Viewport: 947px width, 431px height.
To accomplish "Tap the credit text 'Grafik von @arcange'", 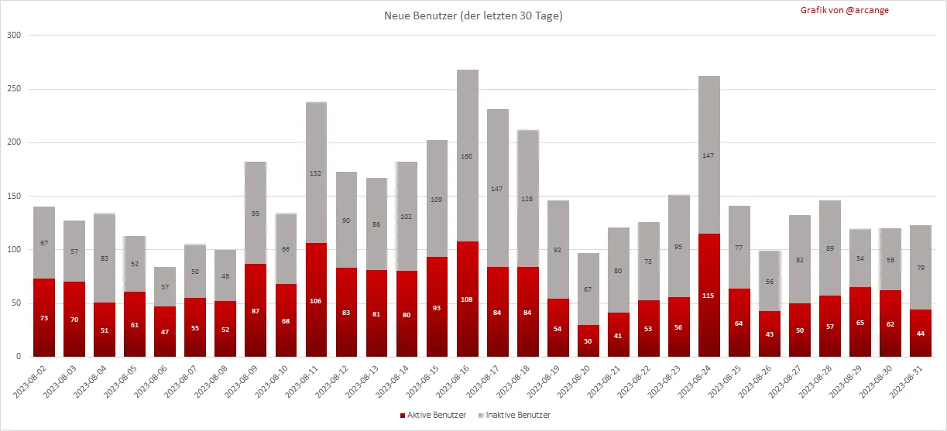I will coord(845,10).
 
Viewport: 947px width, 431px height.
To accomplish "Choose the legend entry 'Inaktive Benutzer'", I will coord(518,416).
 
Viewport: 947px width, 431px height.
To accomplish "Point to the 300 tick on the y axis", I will coord(14,36).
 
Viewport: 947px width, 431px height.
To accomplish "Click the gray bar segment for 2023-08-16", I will coord(468,156).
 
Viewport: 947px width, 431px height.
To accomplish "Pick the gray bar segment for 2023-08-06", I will coord(165,287).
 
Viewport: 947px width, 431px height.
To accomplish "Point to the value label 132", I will coord(316,173).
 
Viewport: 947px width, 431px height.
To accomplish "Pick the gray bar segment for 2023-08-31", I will coord(921,268).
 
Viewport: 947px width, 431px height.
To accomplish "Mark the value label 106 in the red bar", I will coord(316,302).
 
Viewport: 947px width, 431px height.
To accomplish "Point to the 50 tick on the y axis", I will coord(16,303).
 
